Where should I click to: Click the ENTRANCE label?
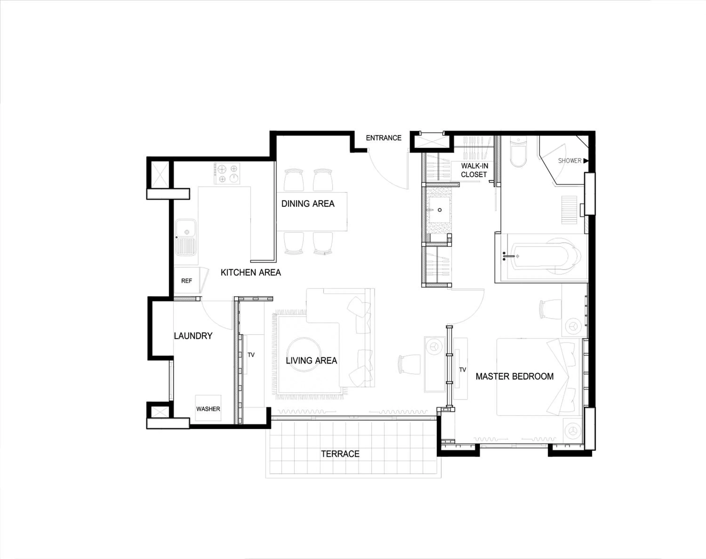point(383,138)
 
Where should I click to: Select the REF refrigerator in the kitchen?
point(186,280)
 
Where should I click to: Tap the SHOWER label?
point(570,161)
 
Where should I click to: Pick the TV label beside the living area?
point(251,355)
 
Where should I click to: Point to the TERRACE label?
point(340,454)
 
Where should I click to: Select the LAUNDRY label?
point(193,336)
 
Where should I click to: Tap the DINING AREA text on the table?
point(308,204)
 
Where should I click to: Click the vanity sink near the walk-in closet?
point(439,210)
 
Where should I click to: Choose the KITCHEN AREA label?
point(250,272)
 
